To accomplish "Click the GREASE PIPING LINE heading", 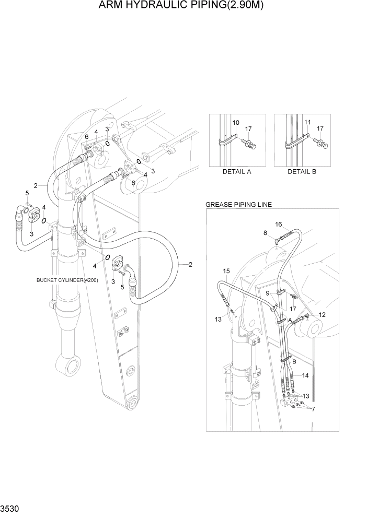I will coord(238,204).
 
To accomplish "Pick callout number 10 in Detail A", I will coord(235,123).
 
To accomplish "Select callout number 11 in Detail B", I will coord(307,123).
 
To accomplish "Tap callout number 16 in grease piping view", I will coord(279,225).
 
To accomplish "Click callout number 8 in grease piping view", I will coord(265,233).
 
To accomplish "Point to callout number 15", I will coord(226,270).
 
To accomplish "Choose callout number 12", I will coord(322,314).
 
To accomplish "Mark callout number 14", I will coord(305,375).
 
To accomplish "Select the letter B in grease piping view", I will coord(294,361).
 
